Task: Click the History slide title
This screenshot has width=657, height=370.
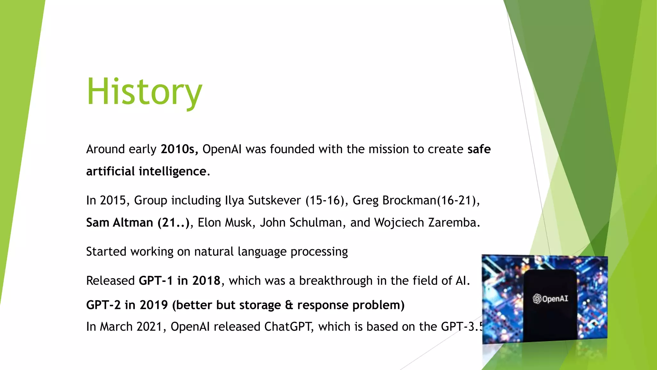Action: tap(144, 92)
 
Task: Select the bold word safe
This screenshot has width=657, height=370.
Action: tap(479, 149)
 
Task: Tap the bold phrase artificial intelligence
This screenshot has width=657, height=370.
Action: tap(146, 172)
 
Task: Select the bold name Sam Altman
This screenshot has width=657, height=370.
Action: tap(119, 223)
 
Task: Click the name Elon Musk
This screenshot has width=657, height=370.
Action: tap(224, 223)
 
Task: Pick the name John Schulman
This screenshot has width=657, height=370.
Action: tap(301, 223)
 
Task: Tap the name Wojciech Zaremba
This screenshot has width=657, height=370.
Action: tap(427, 223)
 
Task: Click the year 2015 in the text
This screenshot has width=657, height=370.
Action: tap(112, 200)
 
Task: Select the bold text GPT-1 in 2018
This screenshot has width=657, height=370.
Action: tap(179, 281)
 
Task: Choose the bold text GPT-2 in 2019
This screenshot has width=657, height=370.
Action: tap(127, 305)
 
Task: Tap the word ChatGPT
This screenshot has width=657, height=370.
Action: tap(288, 327)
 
